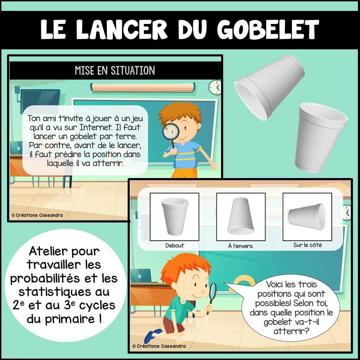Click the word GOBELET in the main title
(268, 30)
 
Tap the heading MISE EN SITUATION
(115, 71)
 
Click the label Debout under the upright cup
(175, 246)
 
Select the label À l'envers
(240, 246)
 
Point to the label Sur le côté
(307, 245)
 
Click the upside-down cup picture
(240, 216)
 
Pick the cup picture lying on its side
(307, 216)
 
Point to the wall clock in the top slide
(215, 87)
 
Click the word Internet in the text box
(96, 127)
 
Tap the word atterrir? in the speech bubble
(291, 331)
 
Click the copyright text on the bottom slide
(159, 346)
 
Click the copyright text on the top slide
(37, 215)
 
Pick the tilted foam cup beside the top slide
(269, 87)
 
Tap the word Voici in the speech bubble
(275, 285)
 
